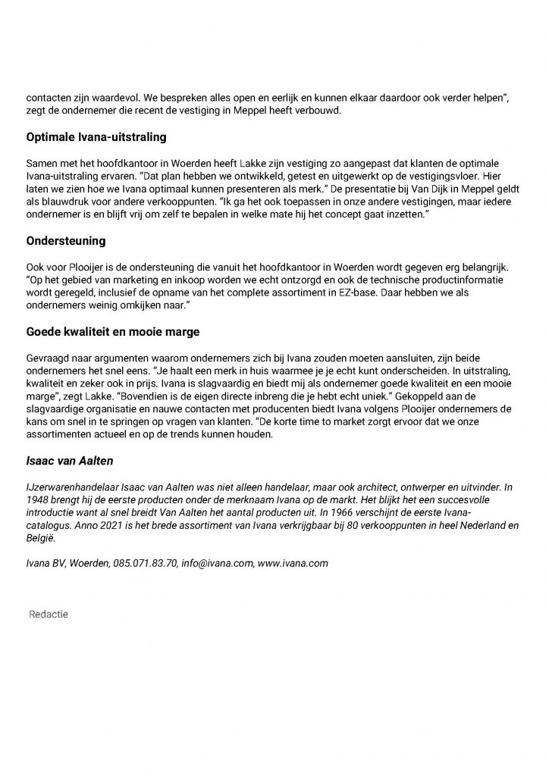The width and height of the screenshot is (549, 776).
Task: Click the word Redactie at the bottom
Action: click(48, 613)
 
